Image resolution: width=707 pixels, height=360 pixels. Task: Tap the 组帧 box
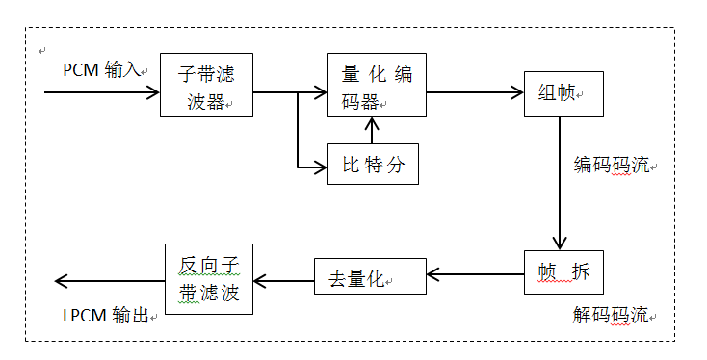(x=563, y=93)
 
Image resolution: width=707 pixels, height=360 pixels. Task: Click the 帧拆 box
(x=563, y=272)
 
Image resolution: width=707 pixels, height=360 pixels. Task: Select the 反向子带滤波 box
(x=209, y=278)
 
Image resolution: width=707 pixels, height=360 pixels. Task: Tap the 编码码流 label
(x=612, y=165)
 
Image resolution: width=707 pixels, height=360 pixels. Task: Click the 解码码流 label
(x=611, y=315)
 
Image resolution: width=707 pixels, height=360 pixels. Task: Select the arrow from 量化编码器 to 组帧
(x=474, y=93)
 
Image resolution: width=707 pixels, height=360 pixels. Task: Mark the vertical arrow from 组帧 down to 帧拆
(x=558, y=183)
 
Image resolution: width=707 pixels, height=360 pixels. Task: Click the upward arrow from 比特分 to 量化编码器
(x=375, y=129)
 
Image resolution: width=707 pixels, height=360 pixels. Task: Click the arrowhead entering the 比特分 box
(x=321, y=168)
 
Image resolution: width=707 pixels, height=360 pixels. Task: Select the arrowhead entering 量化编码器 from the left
(x=321, y=93)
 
